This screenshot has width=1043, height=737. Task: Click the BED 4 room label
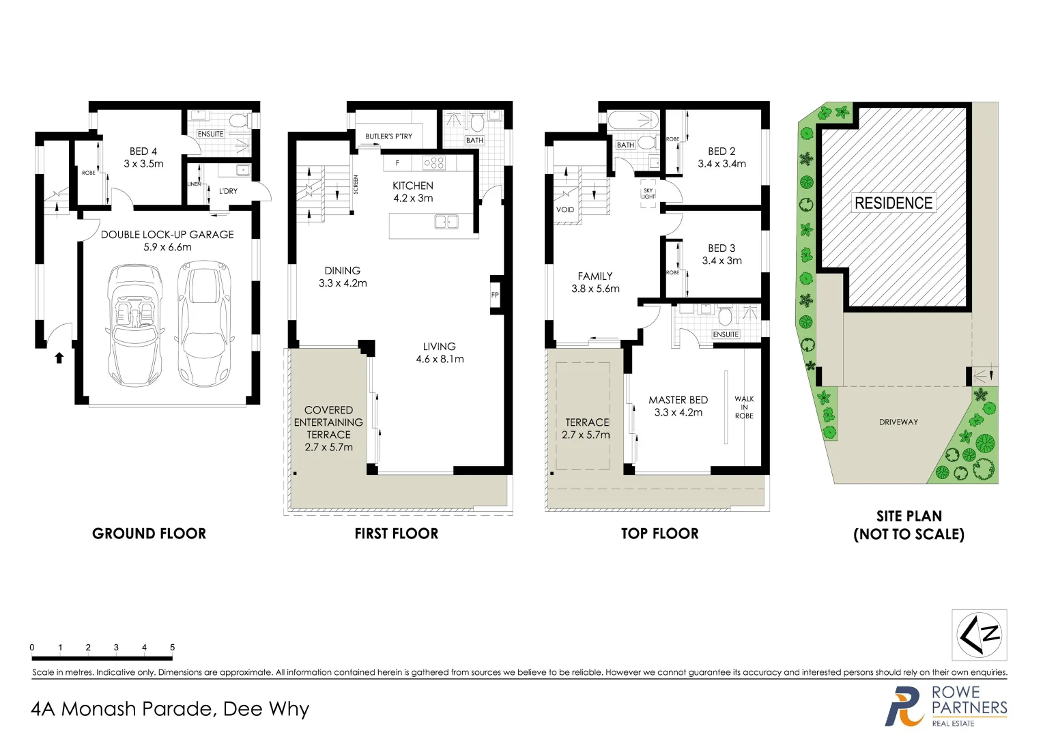pyautogui.click(x=143, y=158)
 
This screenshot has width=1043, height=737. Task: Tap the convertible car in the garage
pyautogui.click(x=134, y=324)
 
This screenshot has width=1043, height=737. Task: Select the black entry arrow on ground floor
pyautogui.click(x=59, y=357)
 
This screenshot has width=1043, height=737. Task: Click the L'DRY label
pyautogui.click(x=228, y=191)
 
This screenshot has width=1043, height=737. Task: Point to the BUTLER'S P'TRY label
pyautogui.click(x=388, y=136)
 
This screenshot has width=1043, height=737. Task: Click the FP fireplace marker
pyautogui.click(x=495, y=295)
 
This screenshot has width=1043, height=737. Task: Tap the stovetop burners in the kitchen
pyautogui.click(x=434, y=163)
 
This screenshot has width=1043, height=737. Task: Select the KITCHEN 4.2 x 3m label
pyautogui.click(x=412, y=192)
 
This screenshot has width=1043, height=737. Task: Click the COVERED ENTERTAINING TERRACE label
pyautogui.click(x=328, y=429)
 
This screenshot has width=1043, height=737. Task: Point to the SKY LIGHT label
pyautogui.click(x=648, y=194)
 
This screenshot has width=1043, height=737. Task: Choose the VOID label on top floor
pyautogui.click(x=565, y=209)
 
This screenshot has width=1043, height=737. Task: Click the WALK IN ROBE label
pyautogui.click(x=744, y=407)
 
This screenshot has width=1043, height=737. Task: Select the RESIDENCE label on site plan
pyautogui.click(x=893, y=203)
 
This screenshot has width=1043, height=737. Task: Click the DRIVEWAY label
pyautogui.click(x=898, y=422)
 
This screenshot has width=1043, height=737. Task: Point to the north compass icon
pyautogui.click(x=979, y=635)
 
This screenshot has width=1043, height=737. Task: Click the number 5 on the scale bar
pyautogui.click(x=172, y=648)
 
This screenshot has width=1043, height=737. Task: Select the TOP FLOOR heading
pyautogui.click(x=659, y=534)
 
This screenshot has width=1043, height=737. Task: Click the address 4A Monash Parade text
pyautogui.click(x=170, y=709)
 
